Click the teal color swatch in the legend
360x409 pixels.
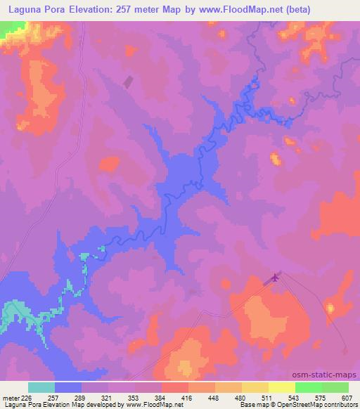point(41,387)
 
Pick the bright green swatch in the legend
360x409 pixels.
point(335,387)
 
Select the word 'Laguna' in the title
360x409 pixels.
point(22,10)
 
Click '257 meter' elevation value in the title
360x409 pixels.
point(147,10)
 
